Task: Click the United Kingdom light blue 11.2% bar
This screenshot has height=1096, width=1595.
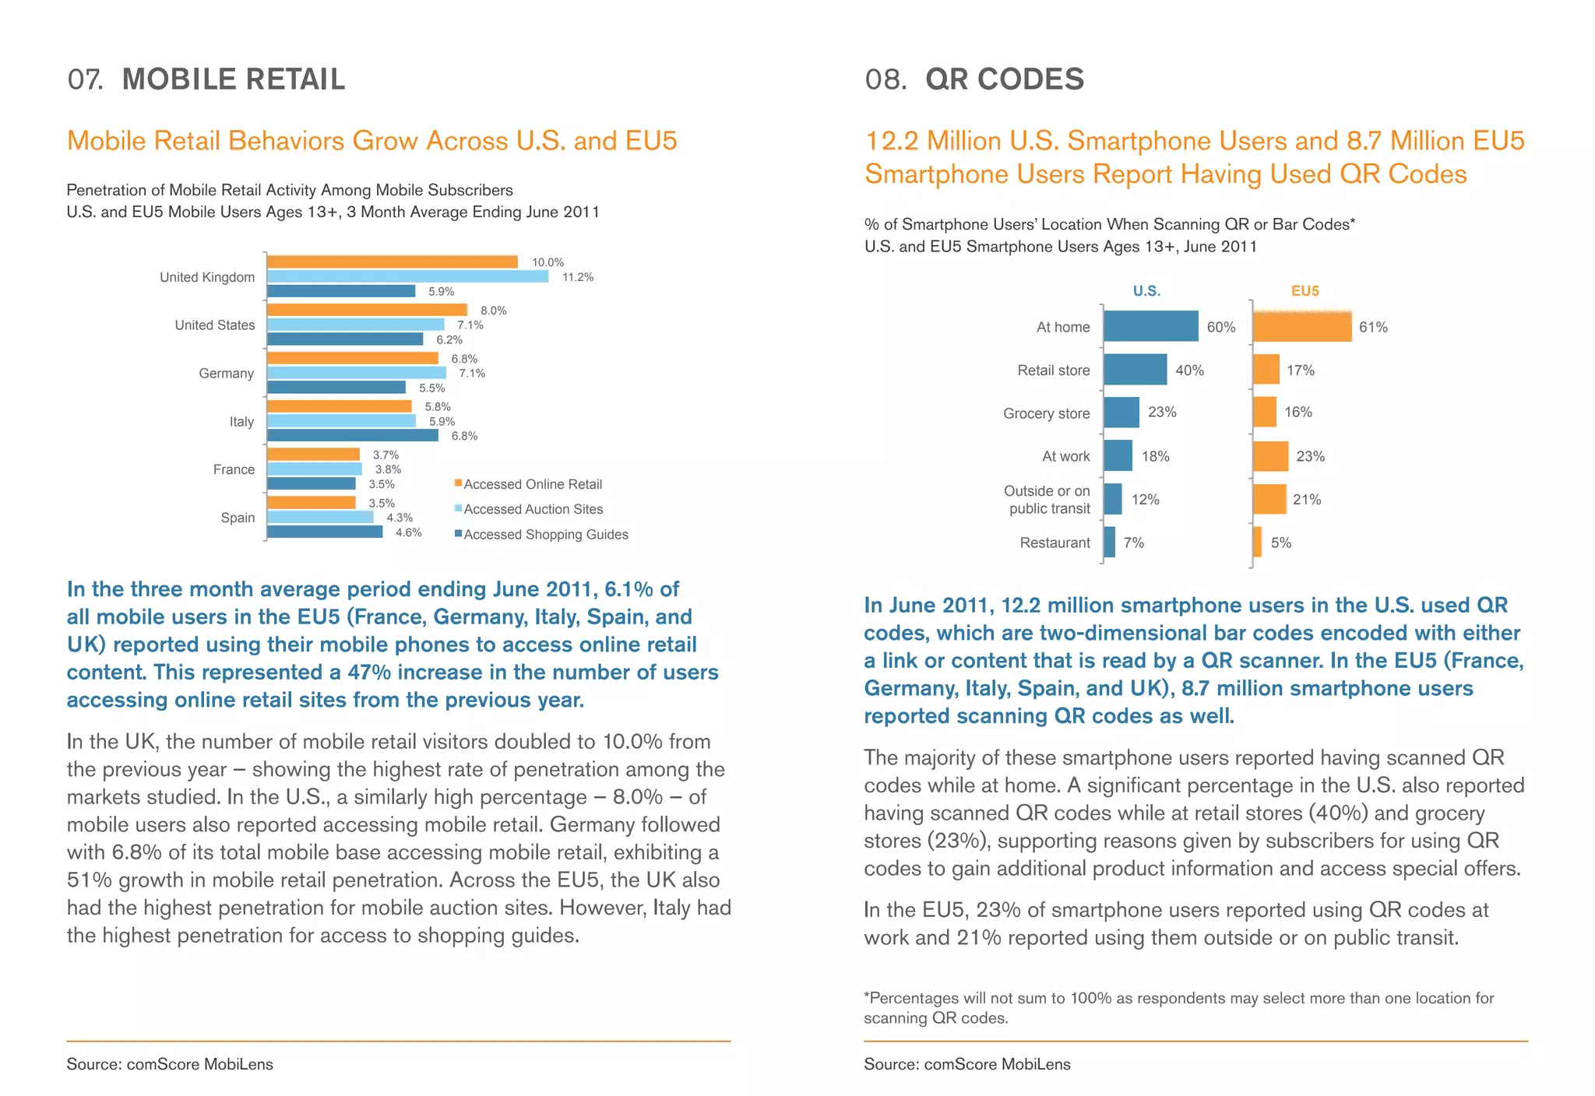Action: point(407,276)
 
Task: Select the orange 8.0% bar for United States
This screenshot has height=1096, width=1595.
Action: point(367,310)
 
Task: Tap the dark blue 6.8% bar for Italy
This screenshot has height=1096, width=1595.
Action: point(352,436)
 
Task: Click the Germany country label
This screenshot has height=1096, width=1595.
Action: point(226,374)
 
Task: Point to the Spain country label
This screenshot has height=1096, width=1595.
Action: point(238,518)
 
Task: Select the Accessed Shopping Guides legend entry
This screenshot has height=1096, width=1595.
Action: point(544,535)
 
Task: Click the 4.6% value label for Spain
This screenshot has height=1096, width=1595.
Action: point(408,532)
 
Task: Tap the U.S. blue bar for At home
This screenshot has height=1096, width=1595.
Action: point(1150,326)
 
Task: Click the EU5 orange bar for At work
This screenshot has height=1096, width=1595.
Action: point(1270,456)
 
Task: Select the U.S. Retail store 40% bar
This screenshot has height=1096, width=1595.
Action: point(1135,370)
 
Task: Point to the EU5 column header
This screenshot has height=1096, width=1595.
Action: point(1305,291)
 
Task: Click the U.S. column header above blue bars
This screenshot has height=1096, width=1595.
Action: point(1146,291)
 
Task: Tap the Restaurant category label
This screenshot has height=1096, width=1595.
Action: point(1055,543)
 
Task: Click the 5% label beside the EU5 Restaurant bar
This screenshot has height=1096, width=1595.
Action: point(1280,543)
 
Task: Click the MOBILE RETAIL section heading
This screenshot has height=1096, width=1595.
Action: point(233,79)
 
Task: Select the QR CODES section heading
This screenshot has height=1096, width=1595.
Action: point(1004,79)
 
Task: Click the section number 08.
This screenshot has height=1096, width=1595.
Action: point(885,79)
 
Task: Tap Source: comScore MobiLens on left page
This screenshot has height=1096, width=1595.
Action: point(170,1064)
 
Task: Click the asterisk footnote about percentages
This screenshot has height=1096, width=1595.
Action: point(1178,1008)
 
